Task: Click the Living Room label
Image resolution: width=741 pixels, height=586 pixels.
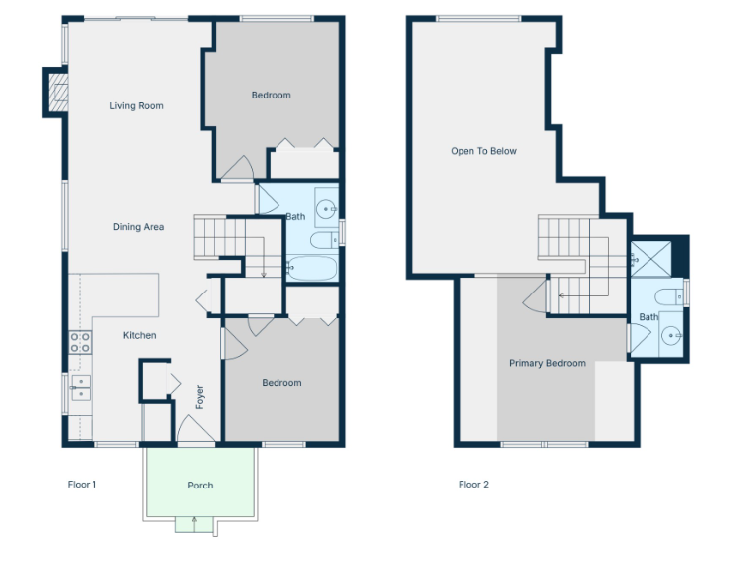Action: tap(136, 106)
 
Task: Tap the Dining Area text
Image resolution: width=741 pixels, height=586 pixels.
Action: tap(138, 227)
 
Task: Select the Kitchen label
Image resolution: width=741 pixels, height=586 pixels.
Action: tap(139, 335)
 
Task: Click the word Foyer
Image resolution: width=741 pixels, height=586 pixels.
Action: tap(200, 397)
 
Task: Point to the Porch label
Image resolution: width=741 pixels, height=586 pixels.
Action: tap(200, 486)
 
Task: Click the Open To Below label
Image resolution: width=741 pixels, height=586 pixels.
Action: tap(483, 151)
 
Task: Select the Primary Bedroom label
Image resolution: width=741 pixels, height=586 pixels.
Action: tap(547, 363)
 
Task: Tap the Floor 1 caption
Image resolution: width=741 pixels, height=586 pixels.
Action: tap(82, 484)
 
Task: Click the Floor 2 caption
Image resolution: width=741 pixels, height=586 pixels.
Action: tap(473, 484)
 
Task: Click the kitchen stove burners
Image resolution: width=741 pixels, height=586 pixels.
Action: tap(80, 343)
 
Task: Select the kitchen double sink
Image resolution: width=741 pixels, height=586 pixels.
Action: tap(81, 388)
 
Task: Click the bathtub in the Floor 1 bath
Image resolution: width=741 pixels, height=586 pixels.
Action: tap(312, 268)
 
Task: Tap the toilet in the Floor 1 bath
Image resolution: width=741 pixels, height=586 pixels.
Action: tap(324, 240)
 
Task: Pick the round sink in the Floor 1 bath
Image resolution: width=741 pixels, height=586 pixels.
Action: tap(326, 208)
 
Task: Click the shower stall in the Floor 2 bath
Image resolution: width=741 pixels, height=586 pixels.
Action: tap(650, 259)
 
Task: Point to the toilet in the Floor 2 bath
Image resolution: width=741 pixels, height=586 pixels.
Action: tap(668, 297)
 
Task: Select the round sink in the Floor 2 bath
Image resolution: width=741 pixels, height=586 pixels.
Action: tap(671, 336)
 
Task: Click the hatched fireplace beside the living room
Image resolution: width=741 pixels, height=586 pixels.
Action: tap(58, 93)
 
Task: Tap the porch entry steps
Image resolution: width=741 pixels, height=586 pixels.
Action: tap(194, 524)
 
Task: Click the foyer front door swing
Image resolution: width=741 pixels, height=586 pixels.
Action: tap(195, 429)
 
